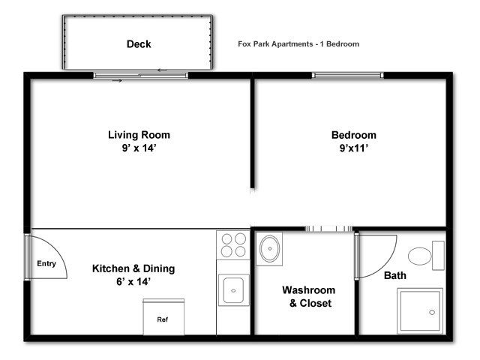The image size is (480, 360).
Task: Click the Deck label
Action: click(139, 44)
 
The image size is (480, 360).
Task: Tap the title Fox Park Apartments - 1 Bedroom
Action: click(298, 44)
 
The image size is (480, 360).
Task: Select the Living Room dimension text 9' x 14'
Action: click(139, 148)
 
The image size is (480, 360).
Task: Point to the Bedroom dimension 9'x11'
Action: click(353, 148)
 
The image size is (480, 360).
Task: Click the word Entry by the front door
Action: click(46, 263)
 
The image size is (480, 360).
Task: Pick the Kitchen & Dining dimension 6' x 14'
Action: click(133, 282)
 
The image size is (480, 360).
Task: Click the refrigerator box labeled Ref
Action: click(163, 317)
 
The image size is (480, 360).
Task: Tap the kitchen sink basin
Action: click(233, 290)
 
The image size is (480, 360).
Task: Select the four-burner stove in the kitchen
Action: click(233, 245)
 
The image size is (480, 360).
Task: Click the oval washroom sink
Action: click(270, 248)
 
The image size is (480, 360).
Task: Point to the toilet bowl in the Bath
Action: click(420, 256)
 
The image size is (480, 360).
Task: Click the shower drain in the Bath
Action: click(432, 312)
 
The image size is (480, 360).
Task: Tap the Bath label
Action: click(395, 275)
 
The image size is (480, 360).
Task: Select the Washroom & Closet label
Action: click(309, 297)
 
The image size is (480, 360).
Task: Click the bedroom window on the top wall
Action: click(347, 75)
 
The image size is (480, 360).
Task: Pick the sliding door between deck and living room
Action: click(140, 76)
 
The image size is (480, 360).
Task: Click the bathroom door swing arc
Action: click(388, 263)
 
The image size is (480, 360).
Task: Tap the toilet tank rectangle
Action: click(438, 256)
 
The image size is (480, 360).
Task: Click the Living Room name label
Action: click(139, 135)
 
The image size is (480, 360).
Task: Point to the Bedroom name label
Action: click(353, 135)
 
